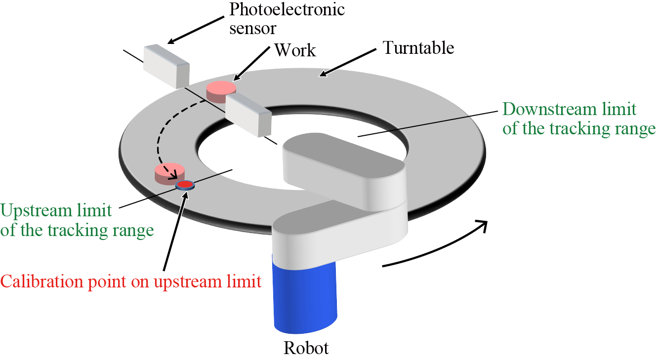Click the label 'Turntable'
pos(418,48)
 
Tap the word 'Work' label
pos(295,49)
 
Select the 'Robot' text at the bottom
pos(306,348)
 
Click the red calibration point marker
pos(185,185)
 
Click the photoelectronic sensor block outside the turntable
pos(166,66)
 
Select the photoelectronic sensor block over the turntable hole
pos(248,115)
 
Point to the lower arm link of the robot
pos(341,227)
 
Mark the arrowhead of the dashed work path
pos(173,175)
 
